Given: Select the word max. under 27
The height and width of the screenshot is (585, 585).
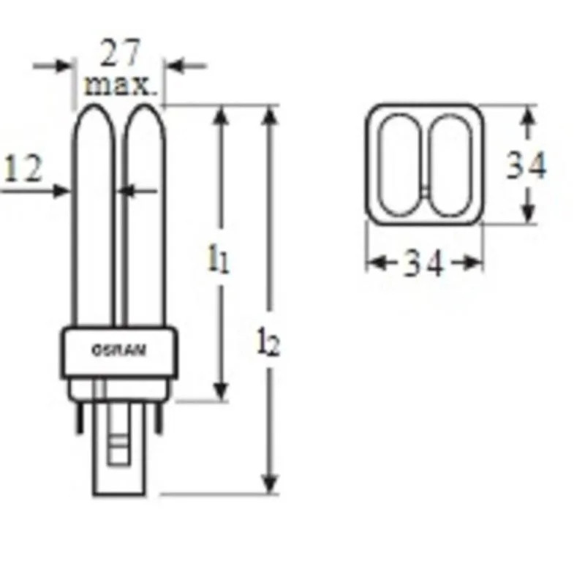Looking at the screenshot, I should coord(121,86).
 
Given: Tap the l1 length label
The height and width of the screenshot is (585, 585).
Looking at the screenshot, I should coord(218,260).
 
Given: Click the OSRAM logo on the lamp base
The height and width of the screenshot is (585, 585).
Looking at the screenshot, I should coord(118,350).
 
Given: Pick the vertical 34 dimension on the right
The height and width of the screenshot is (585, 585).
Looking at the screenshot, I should coord(526,166).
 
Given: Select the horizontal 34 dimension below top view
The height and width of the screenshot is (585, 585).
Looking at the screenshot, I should coord(424,263).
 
